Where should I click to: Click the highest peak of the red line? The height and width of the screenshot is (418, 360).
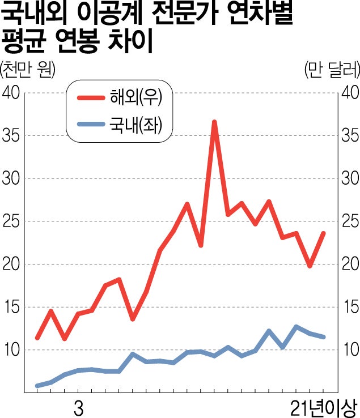coord(214,122)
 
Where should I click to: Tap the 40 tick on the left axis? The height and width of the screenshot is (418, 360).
coord(12,93)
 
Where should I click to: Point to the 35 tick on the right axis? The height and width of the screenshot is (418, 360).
coord(350,136)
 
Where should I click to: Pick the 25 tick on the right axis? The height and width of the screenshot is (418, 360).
coord(350,221)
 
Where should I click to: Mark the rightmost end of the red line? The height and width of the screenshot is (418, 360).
coord(324,233)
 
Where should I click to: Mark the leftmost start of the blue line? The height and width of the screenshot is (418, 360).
coord(37,386)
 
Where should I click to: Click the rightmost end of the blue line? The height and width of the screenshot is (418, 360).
coord(324,337)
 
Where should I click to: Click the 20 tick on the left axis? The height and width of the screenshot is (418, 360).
coord(12,265)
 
